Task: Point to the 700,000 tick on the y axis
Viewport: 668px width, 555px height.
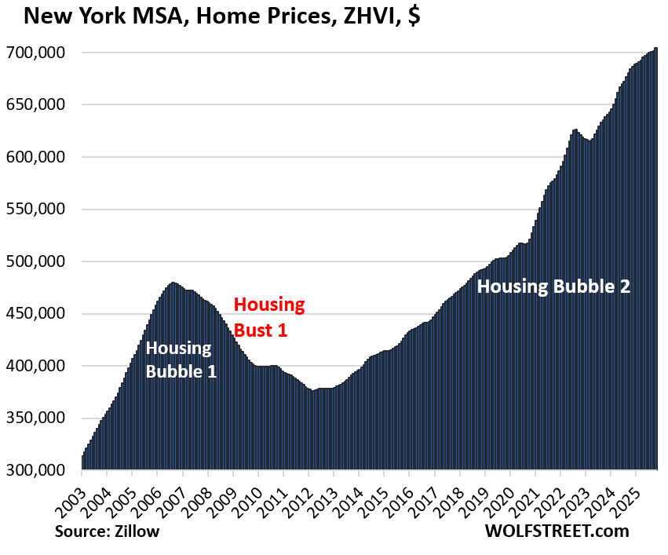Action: tap(36, 53)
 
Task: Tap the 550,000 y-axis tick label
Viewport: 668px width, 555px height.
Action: tap(36, 210)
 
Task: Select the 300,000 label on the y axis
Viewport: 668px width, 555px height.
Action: tap(36, 470)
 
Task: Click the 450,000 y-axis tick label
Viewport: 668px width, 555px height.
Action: tap(36, 314)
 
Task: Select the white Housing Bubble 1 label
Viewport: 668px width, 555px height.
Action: tap(180, 360)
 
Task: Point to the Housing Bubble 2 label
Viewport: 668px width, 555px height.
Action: tap(554, 287)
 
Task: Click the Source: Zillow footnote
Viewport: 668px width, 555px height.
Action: tap(108, 531)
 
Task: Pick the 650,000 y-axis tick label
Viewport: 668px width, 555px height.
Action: tap(36, 105)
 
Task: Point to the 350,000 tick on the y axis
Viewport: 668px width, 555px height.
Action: tap(36, 418)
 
